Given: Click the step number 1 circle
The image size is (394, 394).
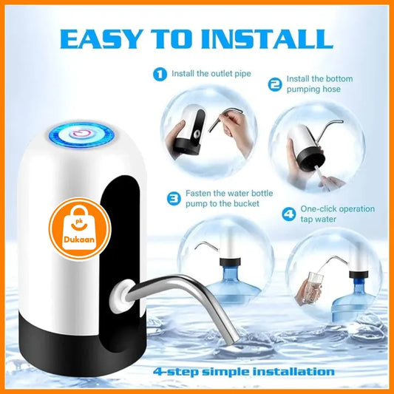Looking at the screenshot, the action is (160, 74).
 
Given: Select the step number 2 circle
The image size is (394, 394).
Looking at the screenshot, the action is (275, 84).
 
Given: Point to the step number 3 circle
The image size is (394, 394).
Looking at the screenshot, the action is (174, 199).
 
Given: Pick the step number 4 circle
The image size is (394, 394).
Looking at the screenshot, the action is (289, 214).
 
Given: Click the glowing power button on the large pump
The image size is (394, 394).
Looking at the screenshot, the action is (81, 135).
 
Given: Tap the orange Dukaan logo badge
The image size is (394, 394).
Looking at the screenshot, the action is (80, 228).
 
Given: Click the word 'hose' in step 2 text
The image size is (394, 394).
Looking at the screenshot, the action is (331, 89).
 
